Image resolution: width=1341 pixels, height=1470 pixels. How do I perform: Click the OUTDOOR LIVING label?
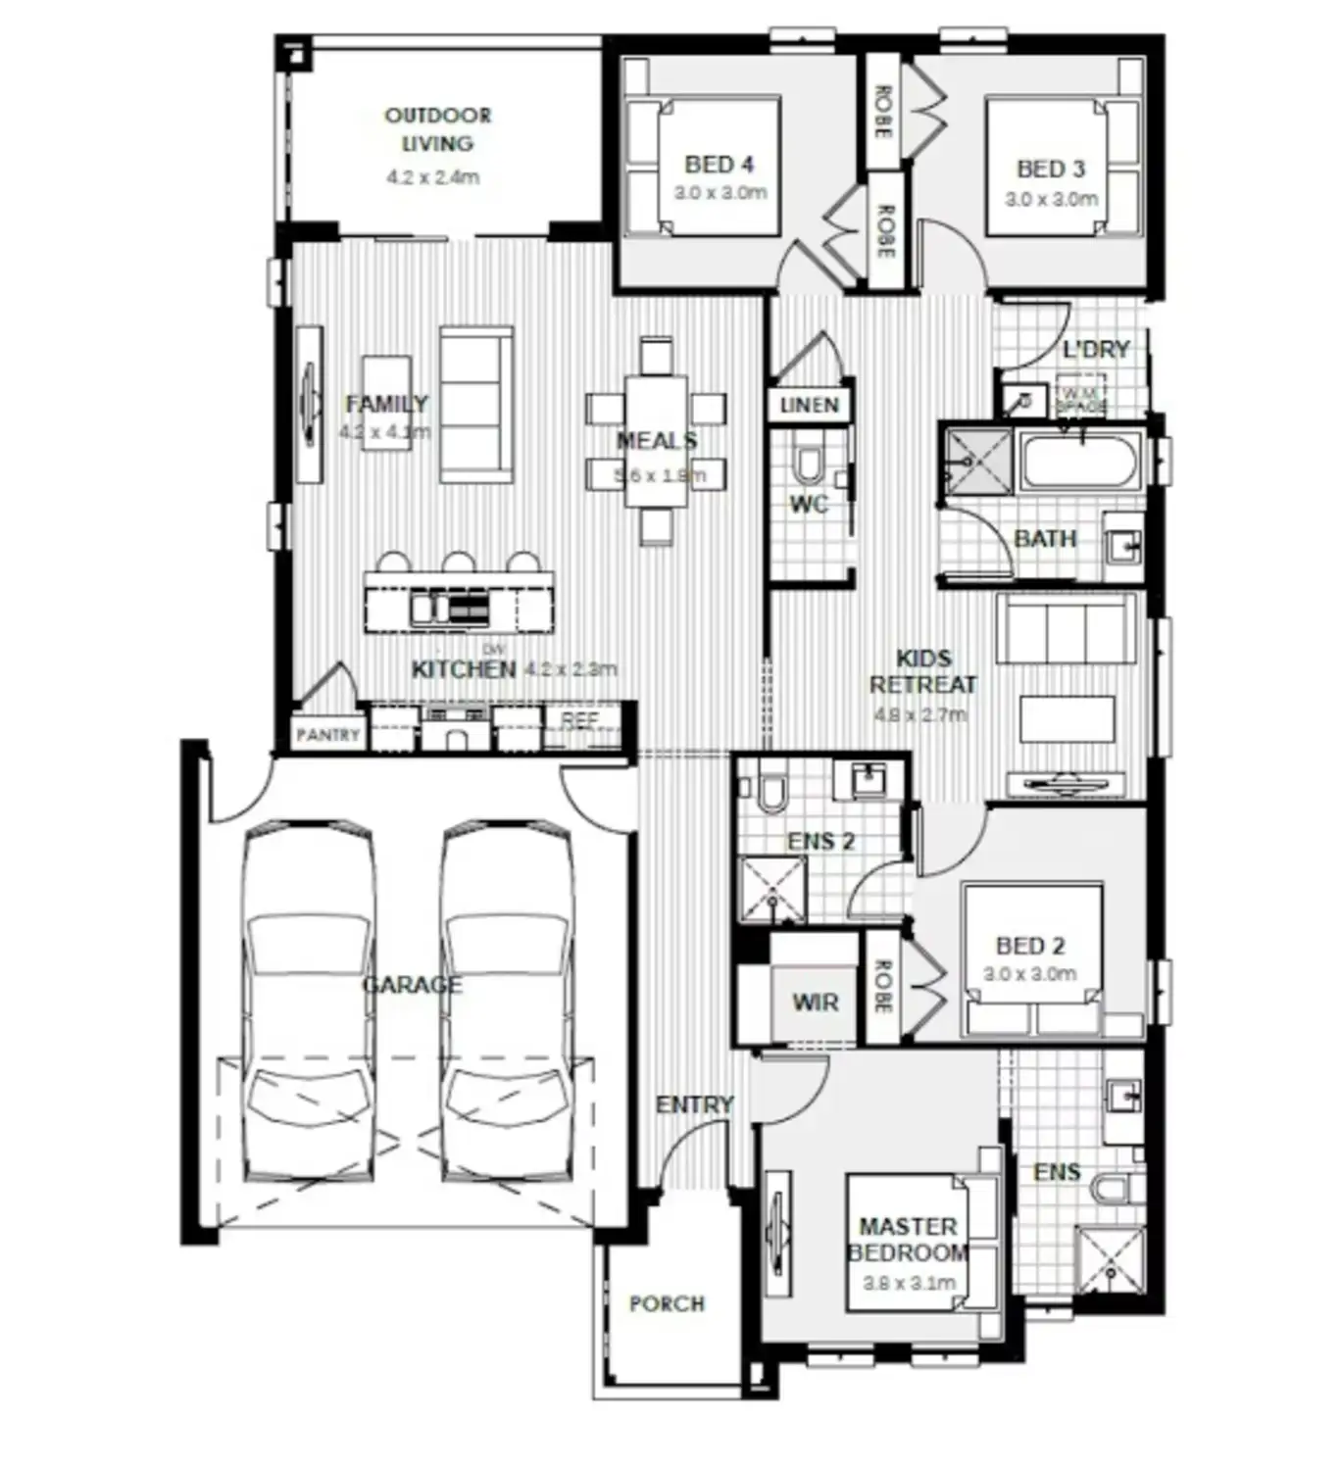pos(437,129)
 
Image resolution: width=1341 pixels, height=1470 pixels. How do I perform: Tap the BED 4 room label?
pos(720,165)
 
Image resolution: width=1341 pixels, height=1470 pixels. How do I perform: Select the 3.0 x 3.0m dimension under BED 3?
pos(1051,199)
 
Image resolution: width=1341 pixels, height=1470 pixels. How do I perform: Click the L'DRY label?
pos(1096,350)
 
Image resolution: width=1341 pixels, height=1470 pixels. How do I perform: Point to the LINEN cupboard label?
pos(810,405)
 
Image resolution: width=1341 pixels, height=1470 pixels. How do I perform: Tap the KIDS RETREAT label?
pos(922,671)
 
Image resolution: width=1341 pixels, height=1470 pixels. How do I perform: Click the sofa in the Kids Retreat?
pos(1066,632)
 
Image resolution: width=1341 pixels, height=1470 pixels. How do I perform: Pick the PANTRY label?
pos(328,735)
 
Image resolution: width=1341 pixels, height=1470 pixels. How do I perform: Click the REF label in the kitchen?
pos(579,720)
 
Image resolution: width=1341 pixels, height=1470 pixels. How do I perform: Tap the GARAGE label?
pos(412,985)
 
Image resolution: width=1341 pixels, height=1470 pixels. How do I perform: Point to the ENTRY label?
pos(694,1104)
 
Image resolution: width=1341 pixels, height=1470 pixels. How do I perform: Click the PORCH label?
pos(667,1303)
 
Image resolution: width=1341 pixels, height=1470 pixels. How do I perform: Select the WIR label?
pos(816,1003)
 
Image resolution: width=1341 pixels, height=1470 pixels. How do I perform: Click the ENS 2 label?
pos(821,841)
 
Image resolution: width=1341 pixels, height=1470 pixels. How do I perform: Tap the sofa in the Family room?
pos(476,404)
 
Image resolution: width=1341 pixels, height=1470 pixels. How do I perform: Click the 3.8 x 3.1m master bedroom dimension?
pos(909,1282)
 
